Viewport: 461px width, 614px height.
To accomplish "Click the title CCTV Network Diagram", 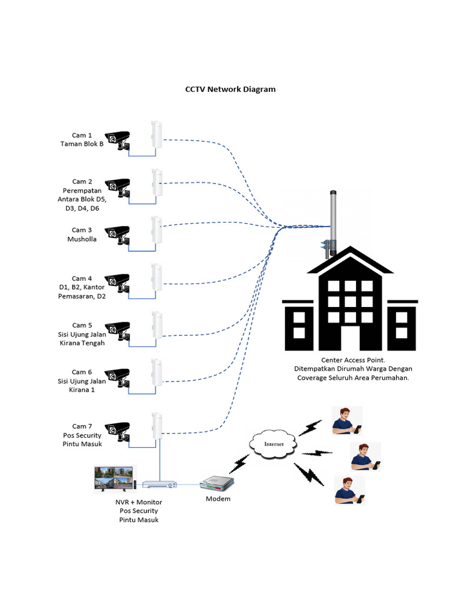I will point(230,89).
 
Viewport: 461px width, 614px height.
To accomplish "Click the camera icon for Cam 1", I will point(118,139).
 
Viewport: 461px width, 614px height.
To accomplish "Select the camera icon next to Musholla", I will point(118,234).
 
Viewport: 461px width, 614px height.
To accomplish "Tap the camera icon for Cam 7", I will point(118,431).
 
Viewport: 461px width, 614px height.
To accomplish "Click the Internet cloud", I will point(273,444).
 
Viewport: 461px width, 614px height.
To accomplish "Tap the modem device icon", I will point(217,483).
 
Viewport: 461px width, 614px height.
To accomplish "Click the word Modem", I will point(218,499).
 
